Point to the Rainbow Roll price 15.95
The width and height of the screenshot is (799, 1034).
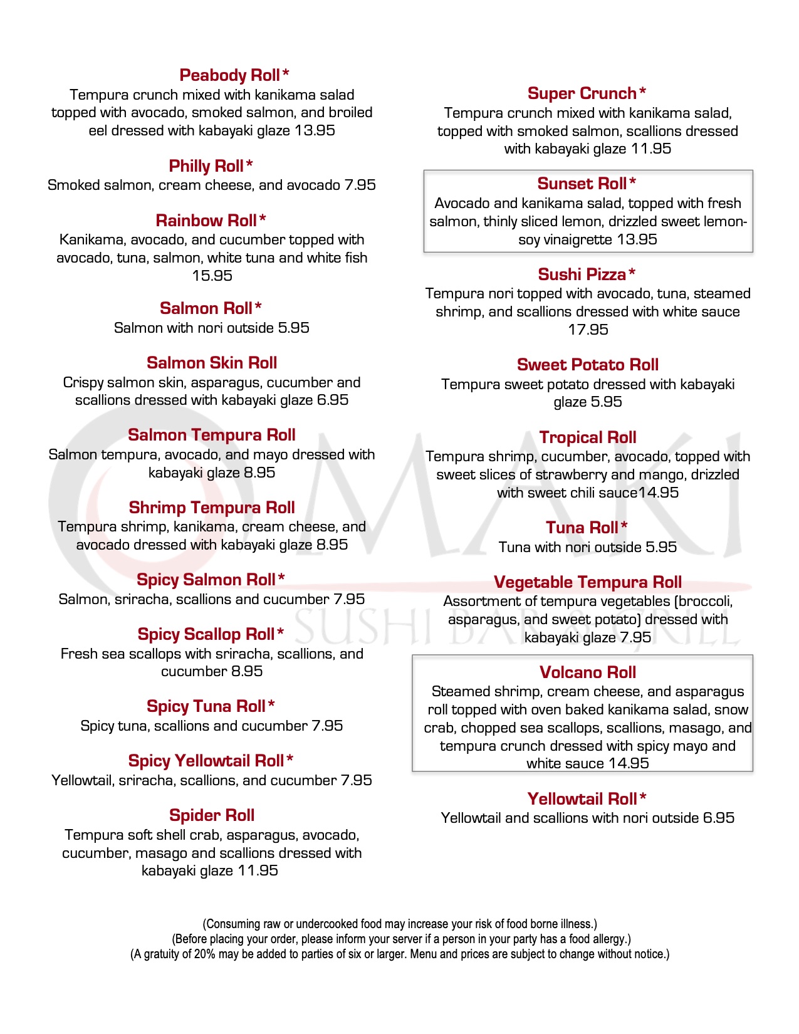212,276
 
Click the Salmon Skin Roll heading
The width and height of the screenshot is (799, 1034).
212,363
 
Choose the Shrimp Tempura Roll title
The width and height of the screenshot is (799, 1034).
212,508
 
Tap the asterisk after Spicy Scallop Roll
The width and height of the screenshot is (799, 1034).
280,632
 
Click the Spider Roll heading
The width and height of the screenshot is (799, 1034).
212,815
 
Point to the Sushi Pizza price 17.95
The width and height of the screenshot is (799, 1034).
588,330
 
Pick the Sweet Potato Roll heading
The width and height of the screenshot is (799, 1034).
588,365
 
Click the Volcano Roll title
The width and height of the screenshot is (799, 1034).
588,672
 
